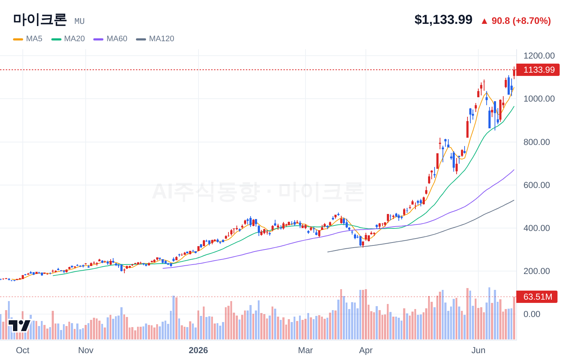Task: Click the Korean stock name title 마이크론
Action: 40,20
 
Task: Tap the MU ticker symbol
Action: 79,21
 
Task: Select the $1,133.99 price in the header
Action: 443,20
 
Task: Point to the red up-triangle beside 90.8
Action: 484,21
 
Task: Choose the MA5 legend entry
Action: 28,39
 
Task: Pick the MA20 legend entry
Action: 68,39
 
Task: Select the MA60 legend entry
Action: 110,39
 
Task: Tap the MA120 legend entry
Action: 155,39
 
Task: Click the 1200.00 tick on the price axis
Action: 539,56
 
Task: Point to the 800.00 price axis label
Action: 537,142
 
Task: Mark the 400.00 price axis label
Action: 537,228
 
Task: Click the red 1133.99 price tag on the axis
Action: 538,70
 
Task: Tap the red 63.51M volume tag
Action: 537,297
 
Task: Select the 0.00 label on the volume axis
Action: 532,314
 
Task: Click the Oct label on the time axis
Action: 23,350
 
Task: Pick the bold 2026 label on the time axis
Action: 198,350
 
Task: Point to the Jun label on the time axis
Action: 478,350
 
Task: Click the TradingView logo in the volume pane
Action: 20,326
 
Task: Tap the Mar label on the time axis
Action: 305,350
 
